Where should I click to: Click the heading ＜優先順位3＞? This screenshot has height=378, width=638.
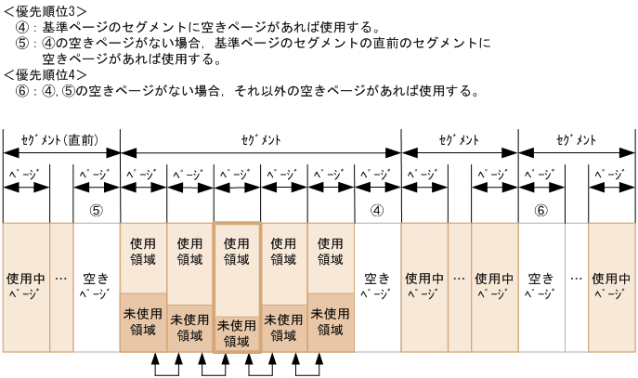(46, 10)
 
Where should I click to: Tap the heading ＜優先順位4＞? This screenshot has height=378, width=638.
(46, 74)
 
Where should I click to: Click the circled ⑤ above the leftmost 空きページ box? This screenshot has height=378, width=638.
(96, 210)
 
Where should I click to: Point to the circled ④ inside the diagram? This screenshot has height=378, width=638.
(377, 210)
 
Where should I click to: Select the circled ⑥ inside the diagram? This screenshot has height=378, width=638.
(541, 210)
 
